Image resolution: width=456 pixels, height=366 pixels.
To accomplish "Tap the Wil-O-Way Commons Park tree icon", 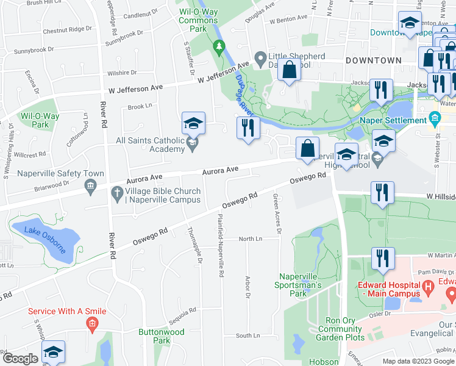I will point(219,46).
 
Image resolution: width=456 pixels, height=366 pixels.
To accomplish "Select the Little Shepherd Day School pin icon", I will point(260,59).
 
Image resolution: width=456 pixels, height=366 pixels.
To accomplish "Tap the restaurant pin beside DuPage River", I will point(248,127).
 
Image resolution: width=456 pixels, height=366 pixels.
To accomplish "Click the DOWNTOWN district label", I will point(373,60).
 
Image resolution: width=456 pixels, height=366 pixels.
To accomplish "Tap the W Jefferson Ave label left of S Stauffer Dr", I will point(136,89).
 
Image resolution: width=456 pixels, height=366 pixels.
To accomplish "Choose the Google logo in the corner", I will point(20,359).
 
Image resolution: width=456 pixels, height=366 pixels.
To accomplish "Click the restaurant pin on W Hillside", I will point(382,193).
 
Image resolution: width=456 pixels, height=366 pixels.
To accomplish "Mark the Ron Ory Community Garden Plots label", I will point(331,329).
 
